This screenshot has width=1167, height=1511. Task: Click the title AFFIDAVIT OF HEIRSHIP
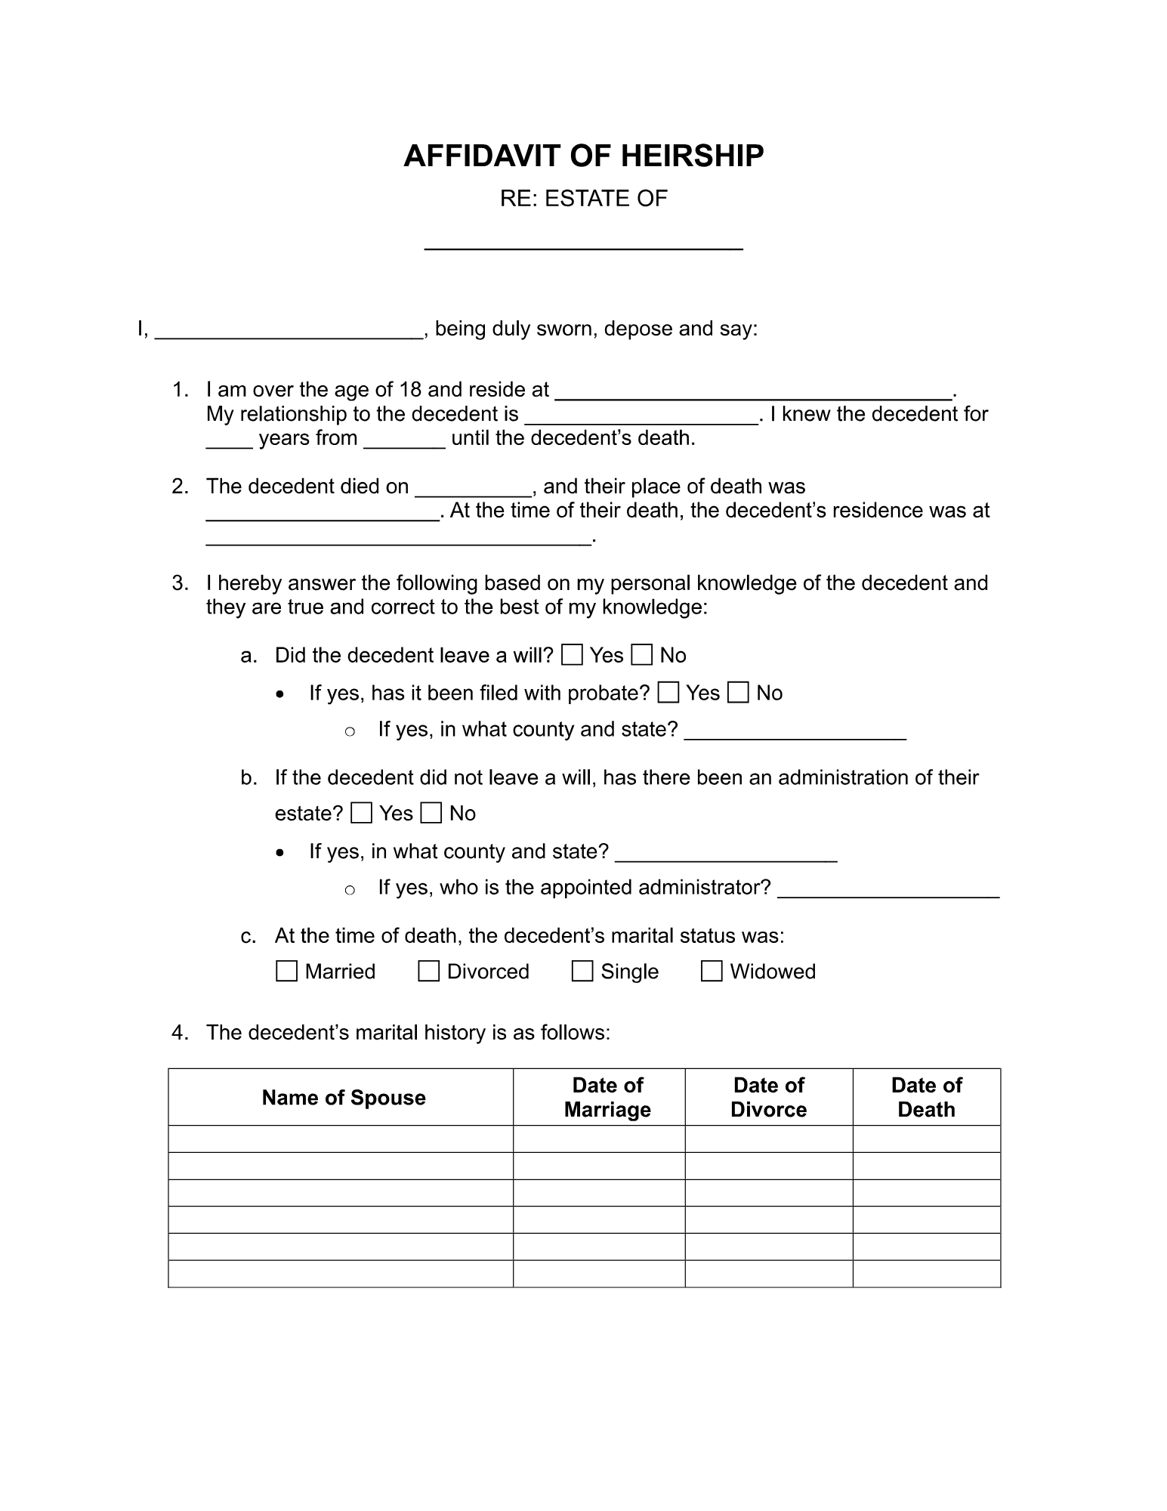583,156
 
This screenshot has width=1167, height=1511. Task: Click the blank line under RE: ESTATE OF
583,240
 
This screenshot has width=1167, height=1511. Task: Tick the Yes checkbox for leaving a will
573,655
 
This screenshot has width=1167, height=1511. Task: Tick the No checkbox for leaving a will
642,655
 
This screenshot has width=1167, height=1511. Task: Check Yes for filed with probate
668,693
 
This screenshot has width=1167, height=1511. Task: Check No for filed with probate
738,693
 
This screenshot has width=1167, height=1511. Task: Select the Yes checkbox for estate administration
362,813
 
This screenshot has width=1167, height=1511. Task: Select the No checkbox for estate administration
431,813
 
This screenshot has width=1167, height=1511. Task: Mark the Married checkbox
287,971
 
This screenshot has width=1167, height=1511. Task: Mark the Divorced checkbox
429,971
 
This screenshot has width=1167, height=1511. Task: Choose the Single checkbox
582,971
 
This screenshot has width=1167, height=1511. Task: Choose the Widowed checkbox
712,971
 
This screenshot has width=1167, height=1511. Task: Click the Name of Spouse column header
343,1098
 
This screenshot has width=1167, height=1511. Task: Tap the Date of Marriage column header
607,1098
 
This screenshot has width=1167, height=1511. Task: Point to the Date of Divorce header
768,1098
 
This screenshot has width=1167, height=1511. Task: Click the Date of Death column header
926,1098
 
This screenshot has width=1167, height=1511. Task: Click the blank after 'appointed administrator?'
888,890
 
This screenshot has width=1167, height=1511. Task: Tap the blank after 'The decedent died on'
474,488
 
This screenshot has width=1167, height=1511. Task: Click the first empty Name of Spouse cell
341,1139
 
